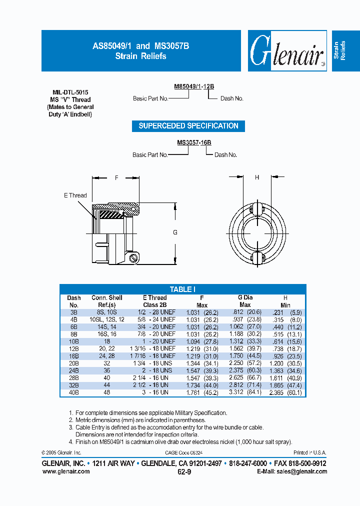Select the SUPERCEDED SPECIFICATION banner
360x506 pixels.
[x=188, y=126]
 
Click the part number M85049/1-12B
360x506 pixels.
[x=194, y=86]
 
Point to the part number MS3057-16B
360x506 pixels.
[x=194, y=142]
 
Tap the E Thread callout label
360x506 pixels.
[x=75, y=195]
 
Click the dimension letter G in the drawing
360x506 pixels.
[x=174, y=232]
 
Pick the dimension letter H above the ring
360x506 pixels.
[x=257, y=177]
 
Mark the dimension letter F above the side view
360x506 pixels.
[x=116, y=177]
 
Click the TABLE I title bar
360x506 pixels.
[x=183, y=289]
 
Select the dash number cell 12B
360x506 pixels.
[x=73, y=348]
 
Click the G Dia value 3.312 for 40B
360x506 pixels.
[x=236, y=392]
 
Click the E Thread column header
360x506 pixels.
[x=154, y=301]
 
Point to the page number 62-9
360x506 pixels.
[x=184, y=471]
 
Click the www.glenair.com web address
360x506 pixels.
[x=66, y=471]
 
